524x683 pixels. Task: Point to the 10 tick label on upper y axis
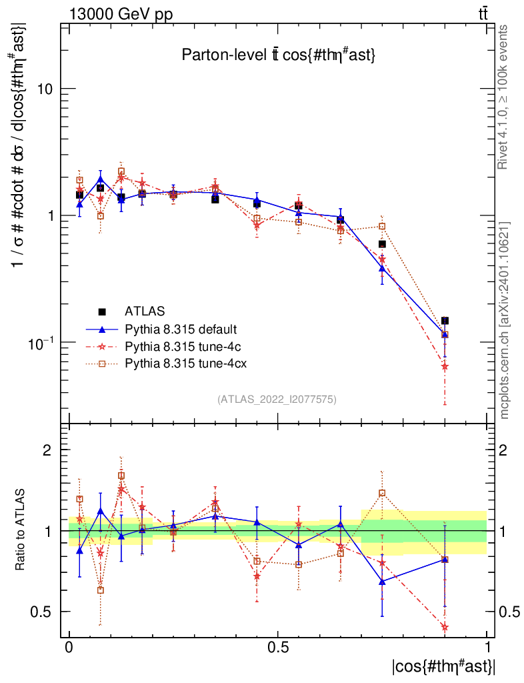[x=45, y=89]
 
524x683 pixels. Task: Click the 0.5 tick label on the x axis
[x=278, y=648]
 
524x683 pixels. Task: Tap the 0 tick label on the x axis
[x=69, y=648]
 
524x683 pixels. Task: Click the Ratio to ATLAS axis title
[x=21, y=530]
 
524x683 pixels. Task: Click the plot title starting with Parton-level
[x=279, y=56]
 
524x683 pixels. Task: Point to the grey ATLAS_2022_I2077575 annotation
[x=277, y=400]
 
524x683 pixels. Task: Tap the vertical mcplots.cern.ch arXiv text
[x=505, y=320]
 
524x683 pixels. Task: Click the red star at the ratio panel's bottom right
[x=445, y=626]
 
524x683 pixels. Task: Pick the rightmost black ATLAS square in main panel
[x=445, y=321]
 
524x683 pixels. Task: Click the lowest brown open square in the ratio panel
[x=101, y=590]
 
